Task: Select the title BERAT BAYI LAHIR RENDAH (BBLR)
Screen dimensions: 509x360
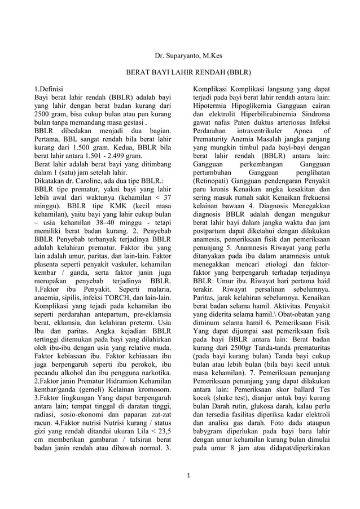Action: click(x=180, y=73)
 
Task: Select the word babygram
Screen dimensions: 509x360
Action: click(x=212, y=423)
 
